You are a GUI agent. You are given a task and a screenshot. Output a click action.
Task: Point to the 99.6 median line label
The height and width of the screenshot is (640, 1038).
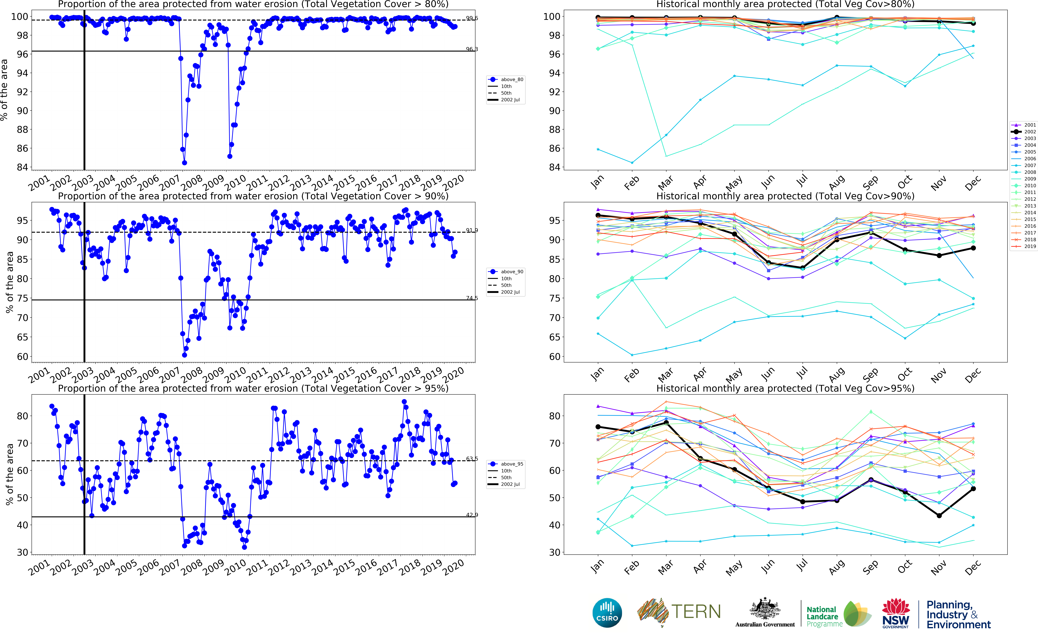pos(472,18)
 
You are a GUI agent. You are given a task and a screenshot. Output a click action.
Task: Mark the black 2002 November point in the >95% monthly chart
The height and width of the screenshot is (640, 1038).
pos(939,516)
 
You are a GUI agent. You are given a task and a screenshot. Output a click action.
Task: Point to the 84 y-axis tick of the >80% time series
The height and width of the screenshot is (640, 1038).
pos(22,167)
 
